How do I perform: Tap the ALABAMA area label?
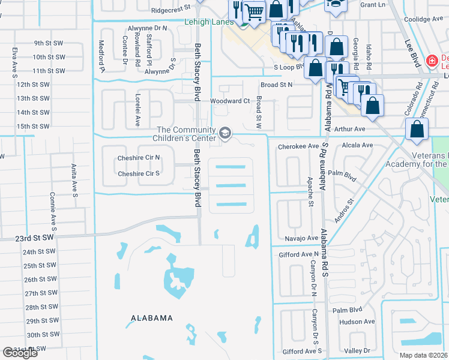152,318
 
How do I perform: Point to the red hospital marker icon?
431,61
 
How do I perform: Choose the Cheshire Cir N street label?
139,158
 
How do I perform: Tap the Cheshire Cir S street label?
139,174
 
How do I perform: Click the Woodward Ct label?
229,101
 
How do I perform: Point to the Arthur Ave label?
349,129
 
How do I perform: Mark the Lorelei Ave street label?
137,114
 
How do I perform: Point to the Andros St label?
345,211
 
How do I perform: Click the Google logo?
20,353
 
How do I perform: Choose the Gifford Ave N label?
299,255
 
